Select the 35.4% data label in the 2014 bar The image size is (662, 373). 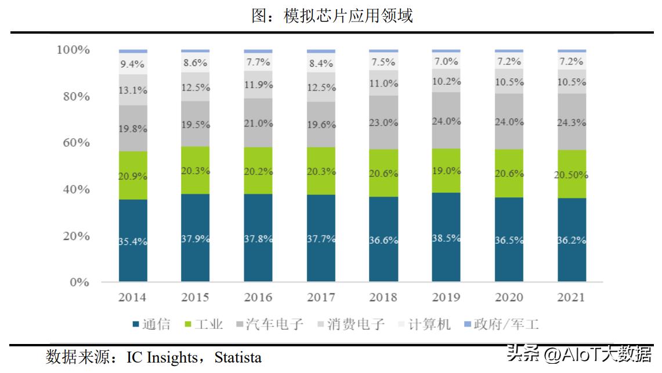point(133,242)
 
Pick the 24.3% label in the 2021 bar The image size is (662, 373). point(571,122)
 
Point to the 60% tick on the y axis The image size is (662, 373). point(73,143)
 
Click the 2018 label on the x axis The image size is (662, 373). point(384,298)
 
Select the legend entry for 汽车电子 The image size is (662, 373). point(267,324)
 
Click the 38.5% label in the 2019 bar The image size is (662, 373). point(446,238)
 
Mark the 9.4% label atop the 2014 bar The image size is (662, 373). point(133,64)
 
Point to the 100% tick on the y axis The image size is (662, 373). point(73,50)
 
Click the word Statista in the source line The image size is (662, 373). point(238,357)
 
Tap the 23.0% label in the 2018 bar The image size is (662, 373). point(384,122)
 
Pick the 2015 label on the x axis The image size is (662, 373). point(196,298)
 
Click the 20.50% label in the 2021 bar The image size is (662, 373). point(571,174)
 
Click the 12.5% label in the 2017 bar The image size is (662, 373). point(321,88)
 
